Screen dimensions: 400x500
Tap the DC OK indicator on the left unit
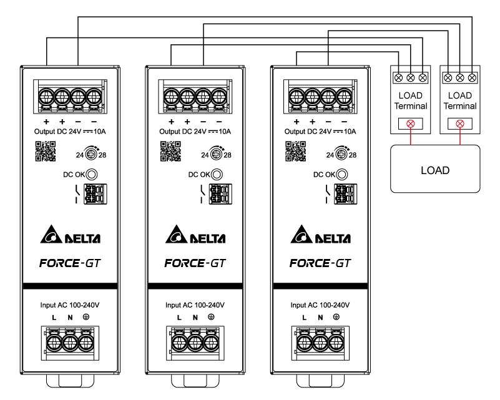tap(92, 175)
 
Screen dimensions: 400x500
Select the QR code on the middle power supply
tap(169, 152)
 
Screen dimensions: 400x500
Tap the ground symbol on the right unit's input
tap(336, 318)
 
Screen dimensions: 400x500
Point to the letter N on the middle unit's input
tap(195, 318)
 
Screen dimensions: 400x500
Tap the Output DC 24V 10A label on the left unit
tap(70, 132)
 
